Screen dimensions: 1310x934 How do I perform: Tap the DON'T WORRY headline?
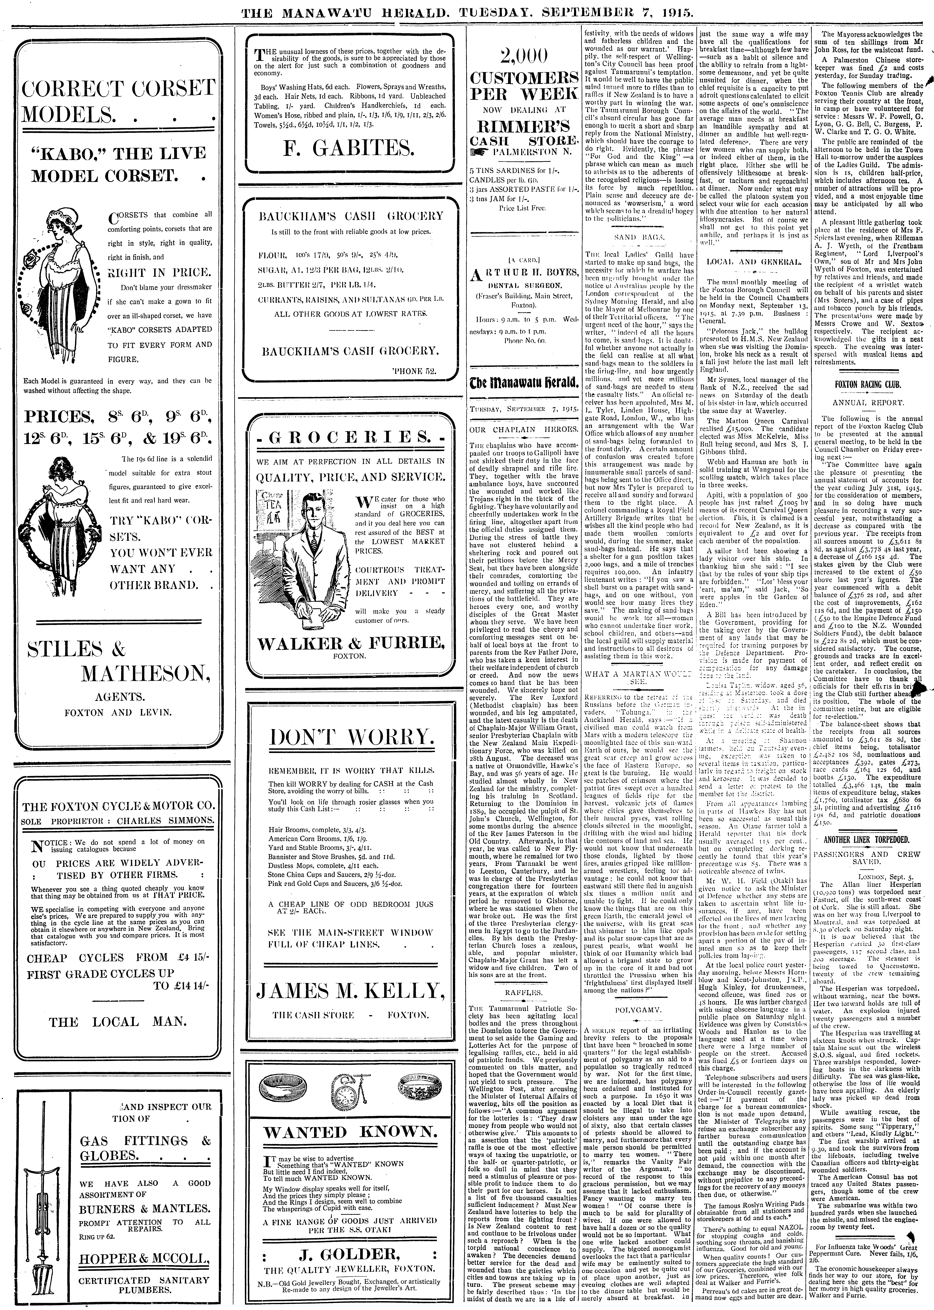(348, 737)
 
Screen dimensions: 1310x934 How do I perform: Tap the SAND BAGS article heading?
(637, 236)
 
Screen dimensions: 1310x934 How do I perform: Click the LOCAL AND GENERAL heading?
(753, 262)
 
